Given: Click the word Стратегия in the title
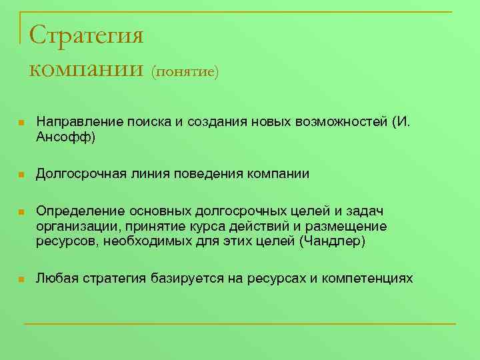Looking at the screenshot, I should click(87, 35).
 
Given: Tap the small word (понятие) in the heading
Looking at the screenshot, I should click(185, 71).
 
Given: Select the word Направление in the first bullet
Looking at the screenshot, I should click(77, 123).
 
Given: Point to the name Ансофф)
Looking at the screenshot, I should click(65, 137).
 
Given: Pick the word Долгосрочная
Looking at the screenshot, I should click(79, 174).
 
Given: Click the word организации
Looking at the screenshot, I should click(75, 226).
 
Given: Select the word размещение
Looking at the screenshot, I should click(353, 226).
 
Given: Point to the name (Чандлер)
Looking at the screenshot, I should click(333, 241).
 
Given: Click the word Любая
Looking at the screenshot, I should click(55, 277).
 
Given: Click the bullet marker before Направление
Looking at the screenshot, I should click(21, 123).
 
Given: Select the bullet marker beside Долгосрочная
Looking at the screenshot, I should click(21, 175).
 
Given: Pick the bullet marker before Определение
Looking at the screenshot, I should click(21, 212).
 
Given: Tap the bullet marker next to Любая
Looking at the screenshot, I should click(21, 278).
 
